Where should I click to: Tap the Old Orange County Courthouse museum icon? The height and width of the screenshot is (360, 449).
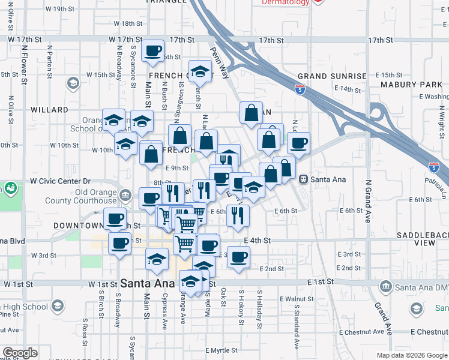(x=125, y=194)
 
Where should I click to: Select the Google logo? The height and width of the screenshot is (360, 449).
(x=20, y=353)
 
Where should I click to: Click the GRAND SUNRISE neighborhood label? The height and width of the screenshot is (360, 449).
(x=332, y=76)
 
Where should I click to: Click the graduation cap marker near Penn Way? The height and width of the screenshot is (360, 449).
(x=200, y=71)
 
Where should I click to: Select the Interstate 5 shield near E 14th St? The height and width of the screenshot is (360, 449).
(x=300, y=90)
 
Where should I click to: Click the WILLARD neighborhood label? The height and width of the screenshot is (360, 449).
(x=49, y=110)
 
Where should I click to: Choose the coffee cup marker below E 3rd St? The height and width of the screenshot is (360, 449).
(x=238, y=257)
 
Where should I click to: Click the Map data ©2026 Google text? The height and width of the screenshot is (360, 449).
(x=411, y=355)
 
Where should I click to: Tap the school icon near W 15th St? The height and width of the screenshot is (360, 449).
(x=73, y=82)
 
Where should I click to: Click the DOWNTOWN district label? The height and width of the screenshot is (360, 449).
(x=79, y=226)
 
